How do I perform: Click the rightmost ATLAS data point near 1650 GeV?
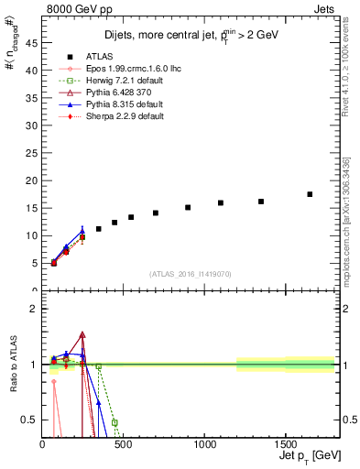tap(310, 194)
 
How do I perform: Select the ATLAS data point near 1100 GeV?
tap(221, 202)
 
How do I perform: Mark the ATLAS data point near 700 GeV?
tap(156, 213)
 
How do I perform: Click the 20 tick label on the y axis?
tap(33, 180)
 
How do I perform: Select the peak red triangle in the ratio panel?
tap(82, 335)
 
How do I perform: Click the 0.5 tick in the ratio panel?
tap(33, 420)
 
